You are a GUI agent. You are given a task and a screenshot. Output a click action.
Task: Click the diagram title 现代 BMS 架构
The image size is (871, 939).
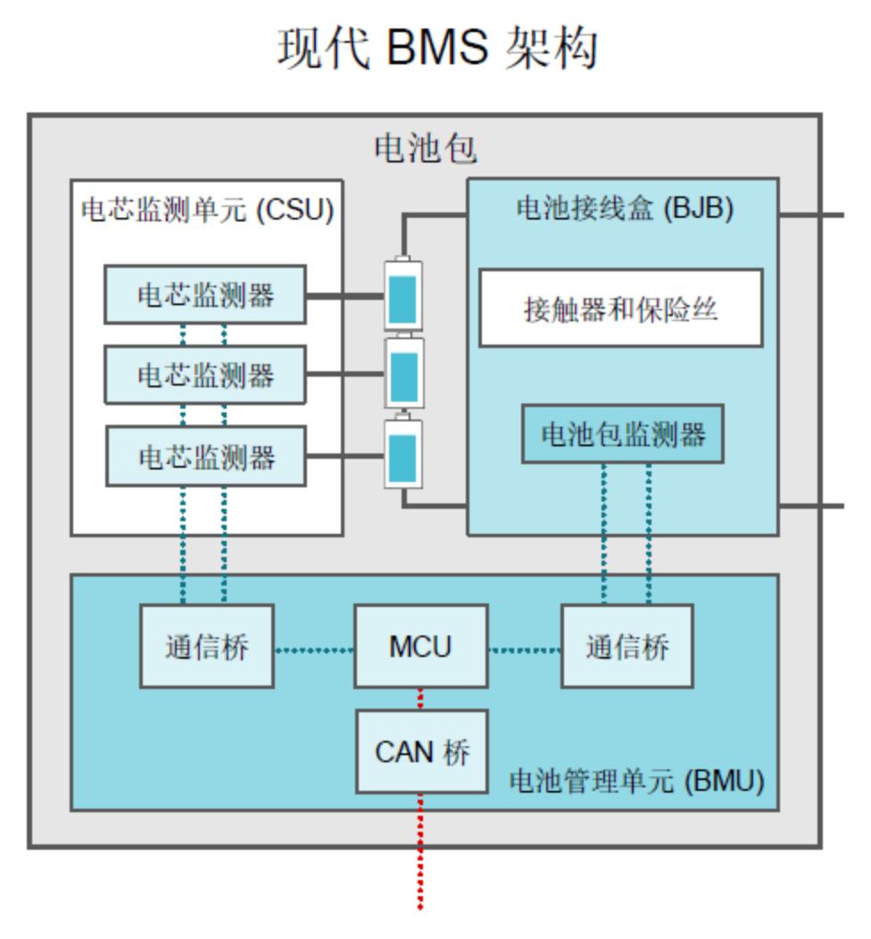(436, 48)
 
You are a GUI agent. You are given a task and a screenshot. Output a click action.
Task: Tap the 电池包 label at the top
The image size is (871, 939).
(425, 149)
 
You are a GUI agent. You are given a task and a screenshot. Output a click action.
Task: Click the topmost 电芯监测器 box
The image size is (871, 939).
(205, 295)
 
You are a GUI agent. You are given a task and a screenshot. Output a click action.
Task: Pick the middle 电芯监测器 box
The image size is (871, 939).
(205, 376)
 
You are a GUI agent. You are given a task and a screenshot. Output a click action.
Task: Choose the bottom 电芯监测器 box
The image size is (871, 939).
(205, 456)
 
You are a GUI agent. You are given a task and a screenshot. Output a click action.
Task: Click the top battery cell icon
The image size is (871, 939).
(403, 295)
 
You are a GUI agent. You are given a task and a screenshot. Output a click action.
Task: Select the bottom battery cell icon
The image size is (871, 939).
(403, 454)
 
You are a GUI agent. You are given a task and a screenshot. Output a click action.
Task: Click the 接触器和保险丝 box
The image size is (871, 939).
(621, 308)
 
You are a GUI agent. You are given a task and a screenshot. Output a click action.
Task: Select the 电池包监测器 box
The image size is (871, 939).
(623, 434)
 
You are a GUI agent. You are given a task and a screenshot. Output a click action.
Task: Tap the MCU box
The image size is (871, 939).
(420, 646)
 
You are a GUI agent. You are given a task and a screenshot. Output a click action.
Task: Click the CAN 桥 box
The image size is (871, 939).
(421, 752)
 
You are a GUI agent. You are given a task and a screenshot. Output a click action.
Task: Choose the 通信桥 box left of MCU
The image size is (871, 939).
(206, 646)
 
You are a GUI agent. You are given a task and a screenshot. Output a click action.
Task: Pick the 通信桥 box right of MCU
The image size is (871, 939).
(626, 646)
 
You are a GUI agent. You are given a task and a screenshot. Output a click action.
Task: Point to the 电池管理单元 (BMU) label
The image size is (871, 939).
(636, 781)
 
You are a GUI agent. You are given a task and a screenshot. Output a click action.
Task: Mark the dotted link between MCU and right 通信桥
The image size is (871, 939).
(525, 649)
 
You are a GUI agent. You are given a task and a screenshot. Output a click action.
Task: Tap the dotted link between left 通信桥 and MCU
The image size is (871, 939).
(314, 649)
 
